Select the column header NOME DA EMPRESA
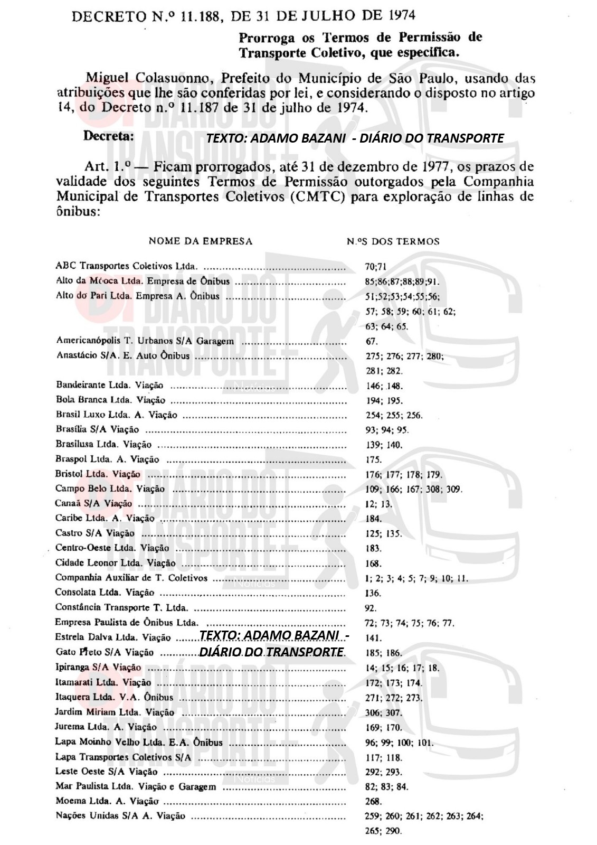[x=201, y=241]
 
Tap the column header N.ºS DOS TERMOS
[x=393, y=241]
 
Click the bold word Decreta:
[x=109, y=136]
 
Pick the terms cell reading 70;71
[x=376, y=266]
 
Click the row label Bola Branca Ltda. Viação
[x=110, y=400]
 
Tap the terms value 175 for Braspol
[x=373, y=459]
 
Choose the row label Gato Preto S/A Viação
[x=105, y=653]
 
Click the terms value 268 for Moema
[x=373, y=801]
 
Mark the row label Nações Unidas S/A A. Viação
[x=120, y=816]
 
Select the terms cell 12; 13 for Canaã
[x=378, y=504]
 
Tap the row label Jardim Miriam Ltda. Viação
[x=115, y=712]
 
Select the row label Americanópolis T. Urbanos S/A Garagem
[x=145, y=341]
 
